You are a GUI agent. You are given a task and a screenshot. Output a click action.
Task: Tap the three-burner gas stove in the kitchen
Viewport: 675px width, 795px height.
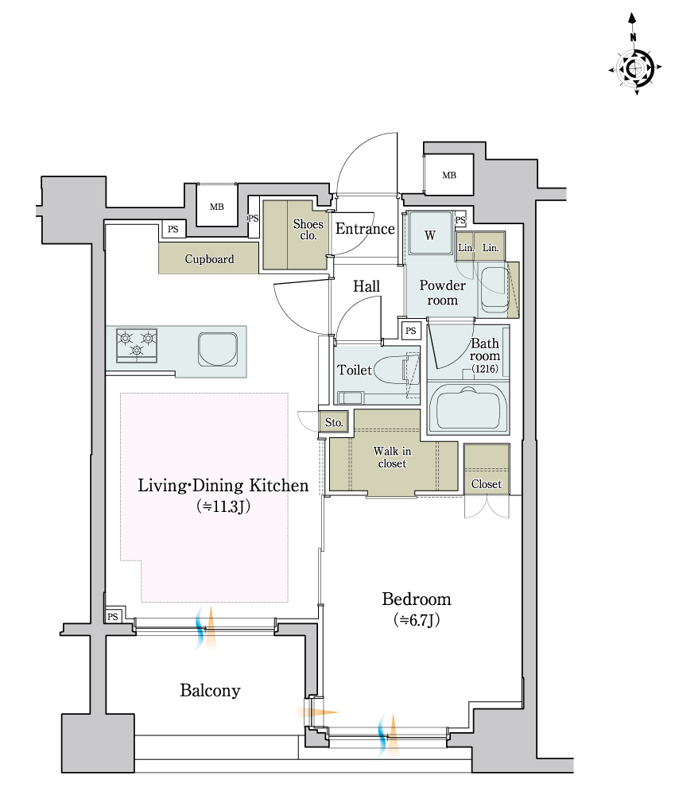click(x=137, y=345)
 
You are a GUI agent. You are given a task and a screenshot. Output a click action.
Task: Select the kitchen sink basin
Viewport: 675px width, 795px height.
click(x=218, y=349)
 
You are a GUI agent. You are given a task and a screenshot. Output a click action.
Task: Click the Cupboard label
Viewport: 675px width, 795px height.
click(x=209, y=259)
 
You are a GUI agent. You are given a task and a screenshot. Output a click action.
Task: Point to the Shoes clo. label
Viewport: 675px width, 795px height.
click(x=308, y=229)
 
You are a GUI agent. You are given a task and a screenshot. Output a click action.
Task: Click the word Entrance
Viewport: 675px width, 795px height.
click(x=365, y=229)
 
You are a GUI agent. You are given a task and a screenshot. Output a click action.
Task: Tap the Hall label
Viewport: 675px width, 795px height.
click(x=367, y=286)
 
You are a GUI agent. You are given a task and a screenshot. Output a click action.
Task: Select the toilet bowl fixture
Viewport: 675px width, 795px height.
click(x=396, y=369)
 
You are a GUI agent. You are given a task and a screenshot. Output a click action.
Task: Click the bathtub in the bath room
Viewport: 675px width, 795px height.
click(x=468, y=408)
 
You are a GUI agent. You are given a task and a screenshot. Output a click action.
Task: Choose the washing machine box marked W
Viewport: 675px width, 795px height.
click(x=430, y=233)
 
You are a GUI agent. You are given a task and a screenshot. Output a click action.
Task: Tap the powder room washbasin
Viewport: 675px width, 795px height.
click(x=495, y=288)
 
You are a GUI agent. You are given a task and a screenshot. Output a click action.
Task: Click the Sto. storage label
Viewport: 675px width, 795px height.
click(x=334, y=422)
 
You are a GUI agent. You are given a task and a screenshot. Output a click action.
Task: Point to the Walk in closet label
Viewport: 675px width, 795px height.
click(x=392, y=457)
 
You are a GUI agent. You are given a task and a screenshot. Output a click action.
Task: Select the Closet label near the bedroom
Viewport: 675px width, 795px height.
click(x=487, y=484)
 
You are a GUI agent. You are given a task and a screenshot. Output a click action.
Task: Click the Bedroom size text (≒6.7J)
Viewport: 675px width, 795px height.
click(x=417, y=620)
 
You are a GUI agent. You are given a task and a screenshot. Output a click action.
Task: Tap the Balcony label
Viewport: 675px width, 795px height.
click(x=210, y=691)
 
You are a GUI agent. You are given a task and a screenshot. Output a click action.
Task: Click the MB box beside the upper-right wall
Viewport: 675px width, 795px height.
click(x=449, y=175)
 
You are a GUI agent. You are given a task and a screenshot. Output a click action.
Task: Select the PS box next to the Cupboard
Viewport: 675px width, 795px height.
click(x=173, y=229)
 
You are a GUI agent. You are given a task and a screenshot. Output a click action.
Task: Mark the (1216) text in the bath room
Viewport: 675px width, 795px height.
click(x=485, y=369)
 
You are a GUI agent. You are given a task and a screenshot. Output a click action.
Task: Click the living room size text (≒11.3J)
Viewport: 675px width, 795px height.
click(x=223, y=506)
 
